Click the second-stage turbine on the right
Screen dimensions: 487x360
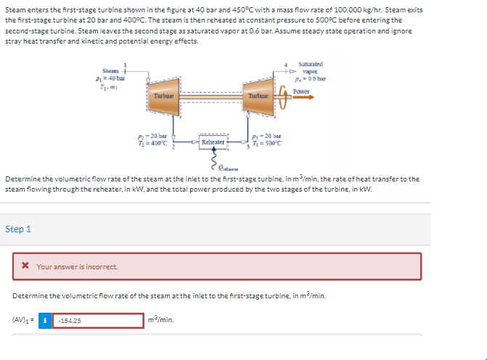(x=258, y=95)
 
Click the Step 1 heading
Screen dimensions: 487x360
(x=18, y=229)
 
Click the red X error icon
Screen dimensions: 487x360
(x=25, y=266)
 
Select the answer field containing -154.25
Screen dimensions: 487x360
(x=98, y=320)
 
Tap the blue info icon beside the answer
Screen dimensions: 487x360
(x=46, y=320)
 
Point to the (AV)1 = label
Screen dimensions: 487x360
(x=22, y=320)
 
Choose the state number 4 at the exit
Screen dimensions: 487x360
(x=287, y=65)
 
